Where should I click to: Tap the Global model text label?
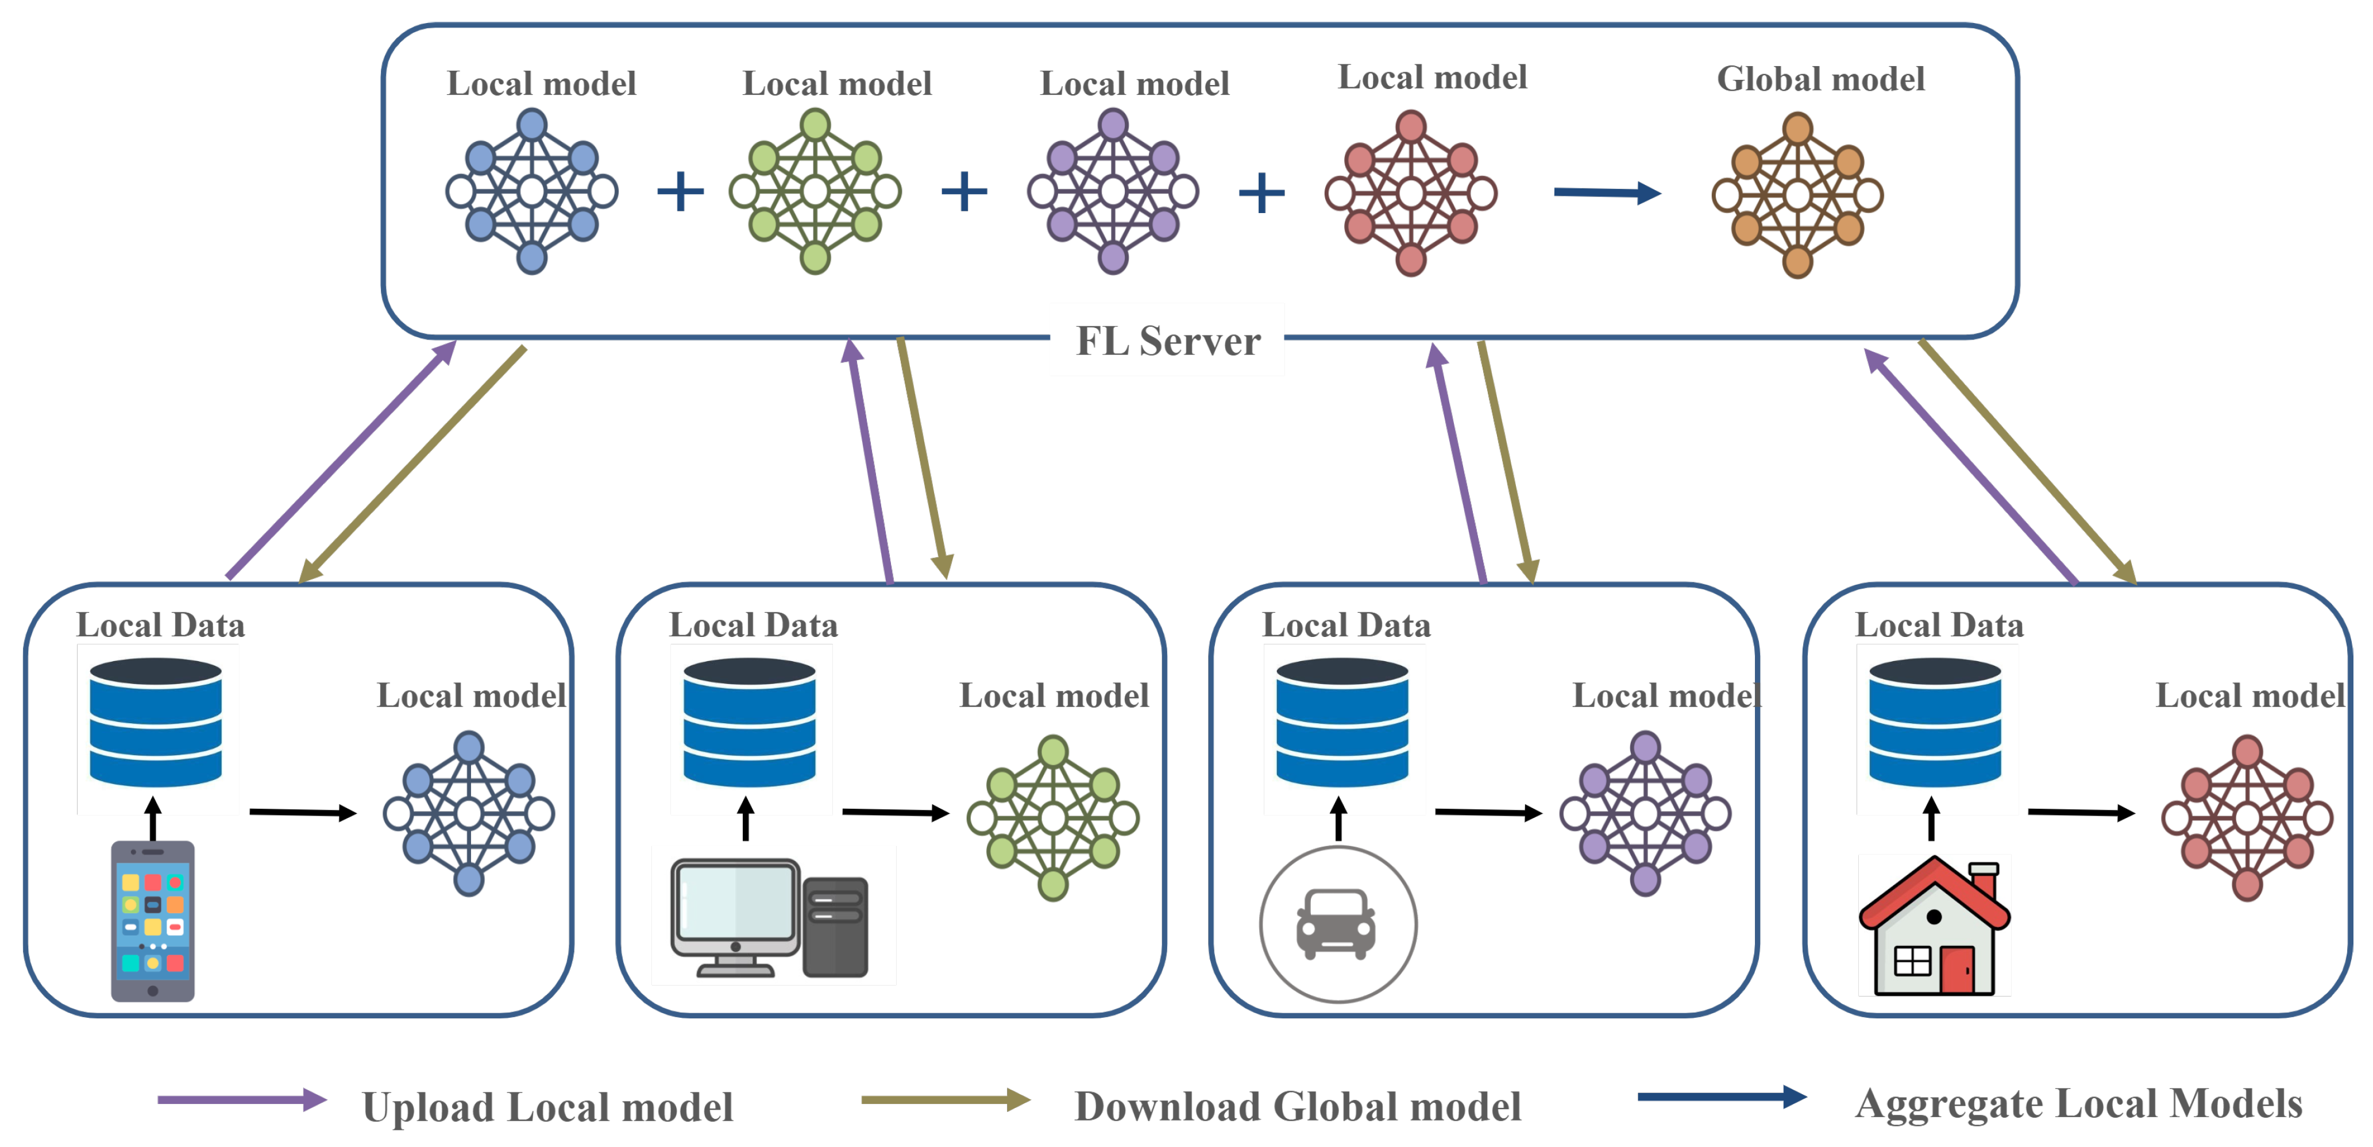1820,79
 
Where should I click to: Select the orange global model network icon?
1797,195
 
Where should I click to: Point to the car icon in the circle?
1337,924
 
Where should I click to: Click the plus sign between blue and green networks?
680,192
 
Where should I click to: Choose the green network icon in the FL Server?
815,192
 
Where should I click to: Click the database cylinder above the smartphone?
156,723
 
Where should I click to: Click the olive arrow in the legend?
944,1100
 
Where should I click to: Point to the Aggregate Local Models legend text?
2078,1104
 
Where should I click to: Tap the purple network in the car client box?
1645,813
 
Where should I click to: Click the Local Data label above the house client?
1939,625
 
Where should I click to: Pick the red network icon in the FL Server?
1410,194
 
